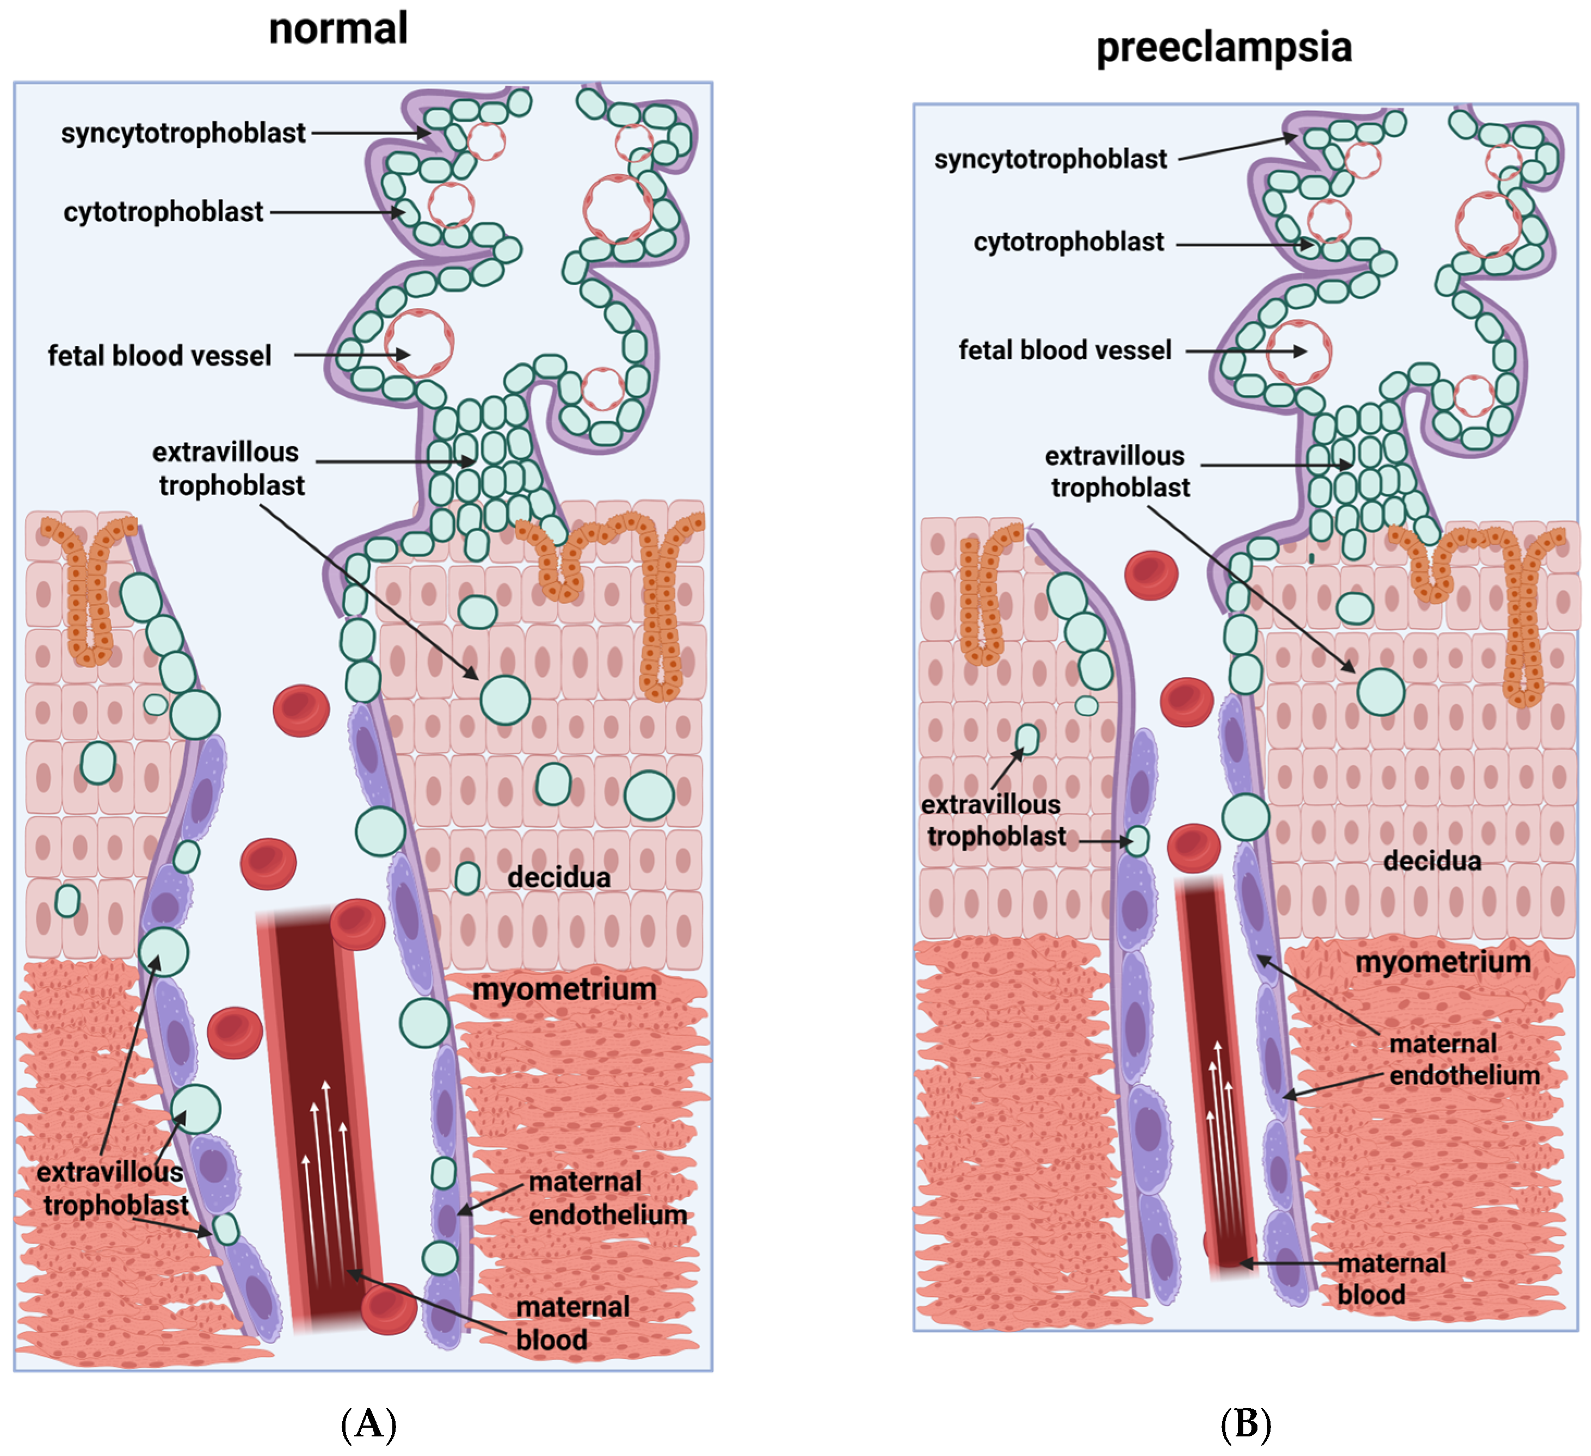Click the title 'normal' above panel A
(x=338, y=29)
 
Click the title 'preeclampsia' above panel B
(x=1224, y=47)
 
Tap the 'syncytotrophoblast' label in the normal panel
(x=183, y=133)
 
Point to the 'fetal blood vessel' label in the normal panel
(x=159, y=356)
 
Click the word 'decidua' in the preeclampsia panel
(x=1432, y=861)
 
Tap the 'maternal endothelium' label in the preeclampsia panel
(x=1463, y=1060)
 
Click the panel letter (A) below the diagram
(x=368, y=1424)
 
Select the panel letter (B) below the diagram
(x=1245, y=1424)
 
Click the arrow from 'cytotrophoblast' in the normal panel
(x=335, y=212)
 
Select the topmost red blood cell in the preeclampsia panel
(x=1151, y=575)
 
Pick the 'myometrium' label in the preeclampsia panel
(x=1442, y=963)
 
